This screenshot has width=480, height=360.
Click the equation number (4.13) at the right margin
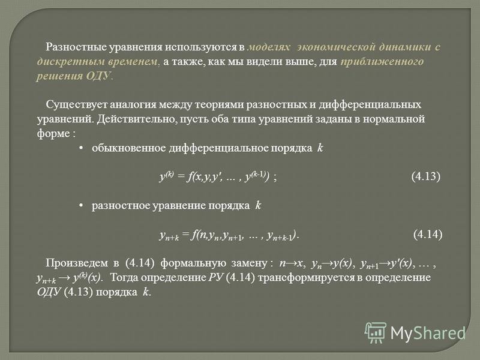point(426,176)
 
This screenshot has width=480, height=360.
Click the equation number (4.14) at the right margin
point(428,234)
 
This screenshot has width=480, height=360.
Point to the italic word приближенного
point(382,62)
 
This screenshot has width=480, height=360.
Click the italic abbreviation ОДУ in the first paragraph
point(98,76)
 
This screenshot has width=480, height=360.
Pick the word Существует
point(77,104)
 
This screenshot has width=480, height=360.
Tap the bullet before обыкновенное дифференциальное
point(81,148)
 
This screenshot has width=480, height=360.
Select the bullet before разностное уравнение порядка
point(81,205)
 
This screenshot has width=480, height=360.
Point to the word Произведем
point(77,263)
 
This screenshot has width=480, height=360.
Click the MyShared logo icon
point(376,332)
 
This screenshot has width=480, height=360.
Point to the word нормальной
point(394,119)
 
